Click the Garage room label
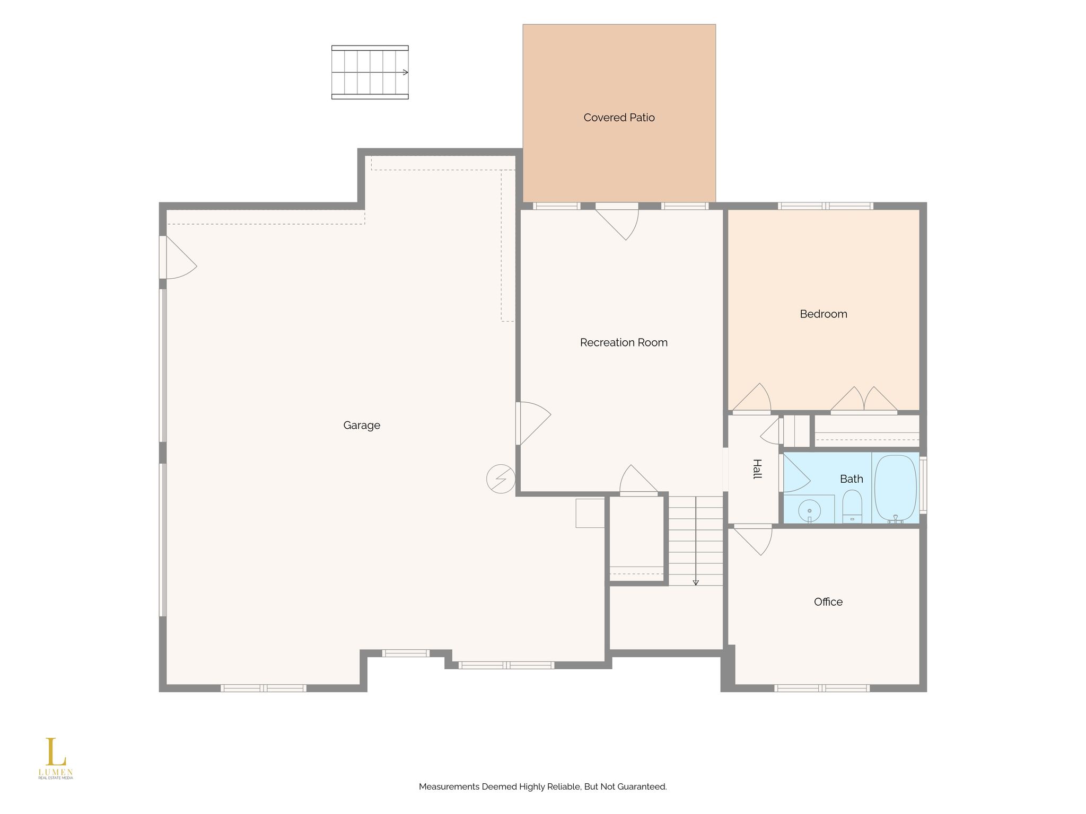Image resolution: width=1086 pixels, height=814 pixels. (x=362, y=425)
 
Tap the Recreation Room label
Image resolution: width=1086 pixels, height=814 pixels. (x=624, y=342)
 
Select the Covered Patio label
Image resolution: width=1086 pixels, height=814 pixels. (x=619, y=118)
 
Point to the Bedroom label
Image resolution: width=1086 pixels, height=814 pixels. (x=824, y=314)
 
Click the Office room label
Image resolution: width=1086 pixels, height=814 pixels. (x=828, y=601)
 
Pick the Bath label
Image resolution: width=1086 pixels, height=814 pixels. (x=852, y=479)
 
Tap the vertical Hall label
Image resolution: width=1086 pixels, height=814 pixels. (x=757, y=469)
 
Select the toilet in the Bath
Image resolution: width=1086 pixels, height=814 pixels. (x=852, y=507)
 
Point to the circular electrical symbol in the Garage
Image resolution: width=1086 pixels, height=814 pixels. (x=501, y=479)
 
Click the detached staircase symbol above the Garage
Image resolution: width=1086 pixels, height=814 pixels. (x=370, y=72)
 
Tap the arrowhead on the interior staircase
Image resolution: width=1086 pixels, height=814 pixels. (x=696, y=582)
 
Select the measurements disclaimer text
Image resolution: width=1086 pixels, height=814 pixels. (x=543, y=786)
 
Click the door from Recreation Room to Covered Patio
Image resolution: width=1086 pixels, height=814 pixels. (x=617, y=221)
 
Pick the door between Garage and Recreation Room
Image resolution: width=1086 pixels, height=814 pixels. (x=533, y=423)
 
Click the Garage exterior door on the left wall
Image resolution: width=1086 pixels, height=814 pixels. (x=178, y=257)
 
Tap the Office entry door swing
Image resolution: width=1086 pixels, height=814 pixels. (x=752, y=539)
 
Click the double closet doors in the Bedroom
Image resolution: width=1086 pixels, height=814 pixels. (x=864, y=400)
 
